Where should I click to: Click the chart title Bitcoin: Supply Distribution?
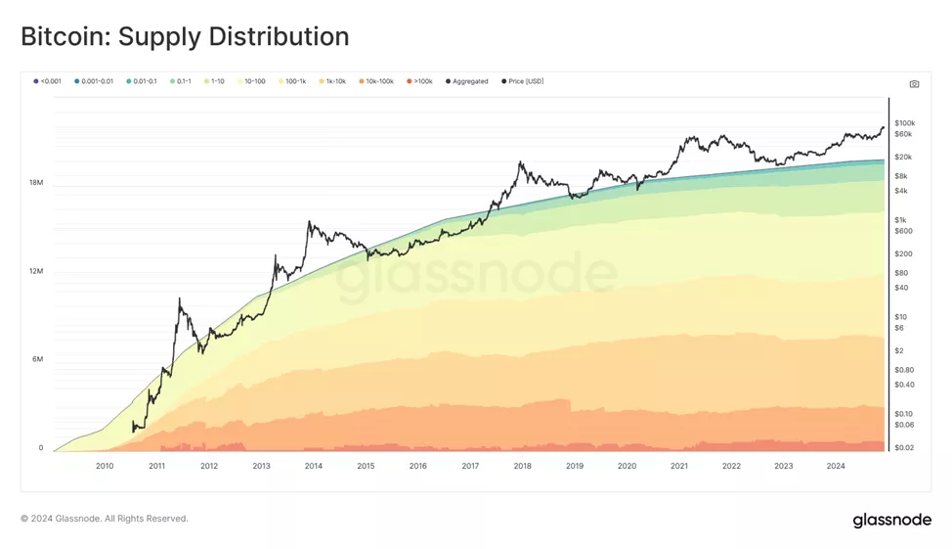tap(185, 37)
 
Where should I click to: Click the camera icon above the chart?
tap(914, 84)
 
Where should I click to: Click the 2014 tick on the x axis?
tap(313, 466)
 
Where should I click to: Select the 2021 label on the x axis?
tap(679, 466)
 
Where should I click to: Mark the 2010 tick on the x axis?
tap(105, 466)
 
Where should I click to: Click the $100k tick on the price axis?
tap(904, 122)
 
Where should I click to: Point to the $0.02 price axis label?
tap(904, 447)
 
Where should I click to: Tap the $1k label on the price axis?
tap(900, 219)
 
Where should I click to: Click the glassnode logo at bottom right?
tap(891, 520)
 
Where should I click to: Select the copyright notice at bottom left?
tap(105, 519)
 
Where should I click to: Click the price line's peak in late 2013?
tap(309, 223)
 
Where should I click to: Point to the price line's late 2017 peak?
tap(521, 163)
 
